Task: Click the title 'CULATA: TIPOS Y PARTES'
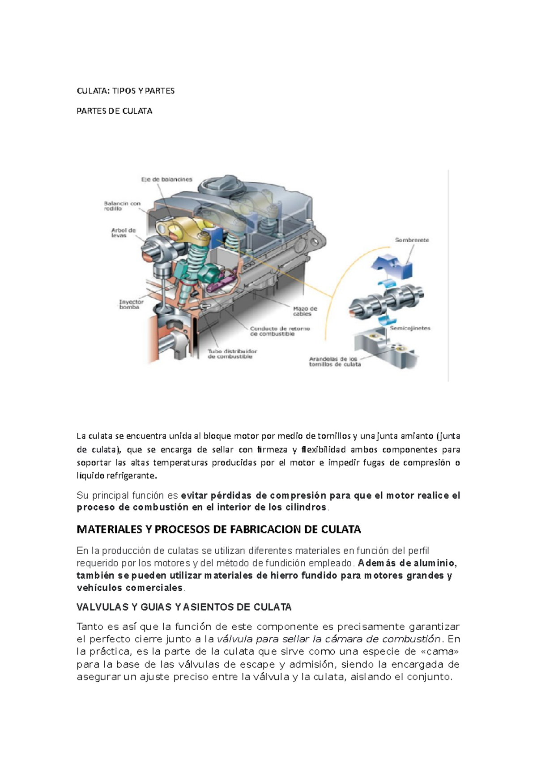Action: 126,91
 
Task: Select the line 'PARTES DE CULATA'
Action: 115,111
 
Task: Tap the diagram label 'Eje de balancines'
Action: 166,179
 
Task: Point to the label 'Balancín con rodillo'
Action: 122,206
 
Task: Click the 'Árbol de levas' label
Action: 123,233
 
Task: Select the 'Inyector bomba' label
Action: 131,304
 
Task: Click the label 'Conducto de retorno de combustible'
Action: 280,331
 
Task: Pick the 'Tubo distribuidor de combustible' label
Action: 232,354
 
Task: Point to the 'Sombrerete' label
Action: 412,240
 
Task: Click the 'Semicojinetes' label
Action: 410,328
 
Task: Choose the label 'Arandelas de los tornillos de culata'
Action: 334,362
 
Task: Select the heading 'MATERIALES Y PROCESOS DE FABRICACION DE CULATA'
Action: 219,529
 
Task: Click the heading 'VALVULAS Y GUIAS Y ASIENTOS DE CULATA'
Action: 184,607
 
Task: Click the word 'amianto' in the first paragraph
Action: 417,436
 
